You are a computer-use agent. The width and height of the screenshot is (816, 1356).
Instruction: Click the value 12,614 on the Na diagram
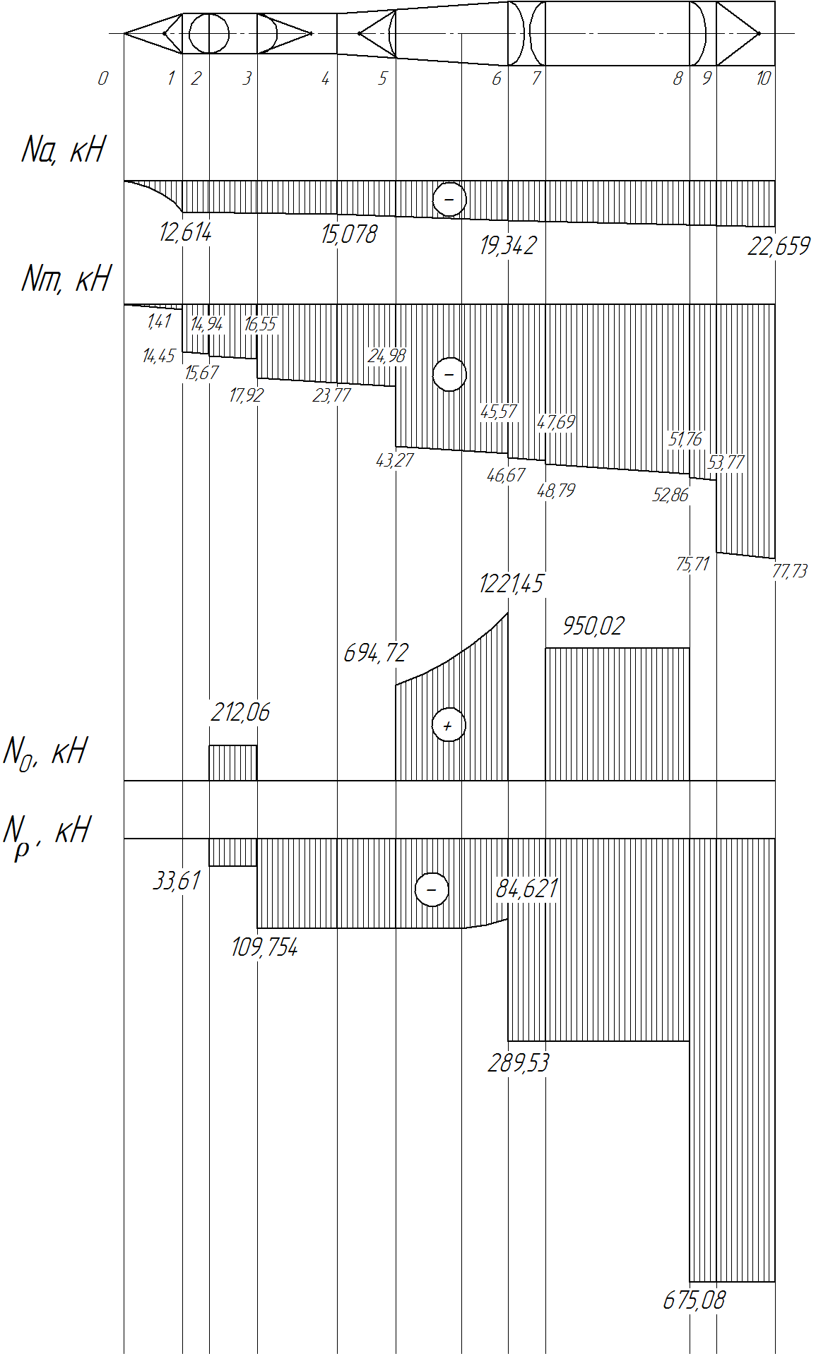(x=185, y=232)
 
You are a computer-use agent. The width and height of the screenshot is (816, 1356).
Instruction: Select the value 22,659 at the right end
(x=779, y=246)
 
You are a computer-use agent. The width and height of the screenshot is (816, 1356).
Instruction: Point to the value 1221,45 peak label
(x=511, y=584)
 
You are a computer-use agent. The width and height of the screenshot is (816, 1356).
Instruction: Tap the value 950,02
(x=593, y=626)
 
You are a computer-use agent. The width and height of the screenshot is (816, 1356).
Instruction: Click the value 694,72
(x=376, y=653)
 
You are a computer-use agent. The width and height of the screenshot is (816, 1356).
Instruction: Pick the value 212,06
(x=240, y=712)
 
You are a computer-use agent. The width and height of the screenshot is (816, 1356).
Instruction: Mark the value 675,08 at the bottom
(x=694, y=1300)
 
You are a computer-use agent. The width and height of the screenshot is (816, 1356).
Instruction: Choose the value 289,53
(x=518, y=1063)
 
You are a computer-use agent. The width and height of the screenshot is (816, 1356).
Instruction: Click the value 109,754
(x=264, y=947)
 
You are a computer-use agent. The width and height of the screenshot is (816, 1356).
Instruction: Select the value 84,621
(x=526, y=889)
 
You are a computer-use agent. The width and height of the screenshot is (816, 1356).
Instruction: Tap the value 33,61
(x=177, y=881)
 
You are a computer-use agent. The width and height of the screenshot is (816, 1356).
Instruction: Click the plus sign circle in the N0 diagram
(x=449, y=725)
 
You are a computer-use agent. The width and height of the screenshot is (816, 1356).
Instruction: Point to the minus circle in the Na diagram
(x=449, y=199)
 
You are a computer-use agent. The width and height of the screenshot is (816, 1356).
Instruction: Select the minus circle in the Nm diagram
(x=449, y=373)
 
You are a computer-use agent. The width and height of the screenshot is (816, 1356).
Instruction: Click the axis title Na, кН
(x=63, y=150)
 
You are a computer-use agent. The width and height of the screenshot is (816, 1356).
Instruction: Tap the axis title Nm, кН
(x=66, y=278)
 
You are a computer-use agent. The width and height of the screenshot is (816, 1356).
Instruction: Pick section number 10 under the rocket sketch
(x=763, y=78)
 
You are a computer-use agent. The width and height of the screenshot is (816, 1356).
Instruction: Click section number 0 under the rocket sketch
(x=103, y=78)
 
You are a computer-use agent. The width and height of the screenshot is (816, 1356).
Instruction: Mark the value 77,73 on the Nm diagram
(x=789, y=570)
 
